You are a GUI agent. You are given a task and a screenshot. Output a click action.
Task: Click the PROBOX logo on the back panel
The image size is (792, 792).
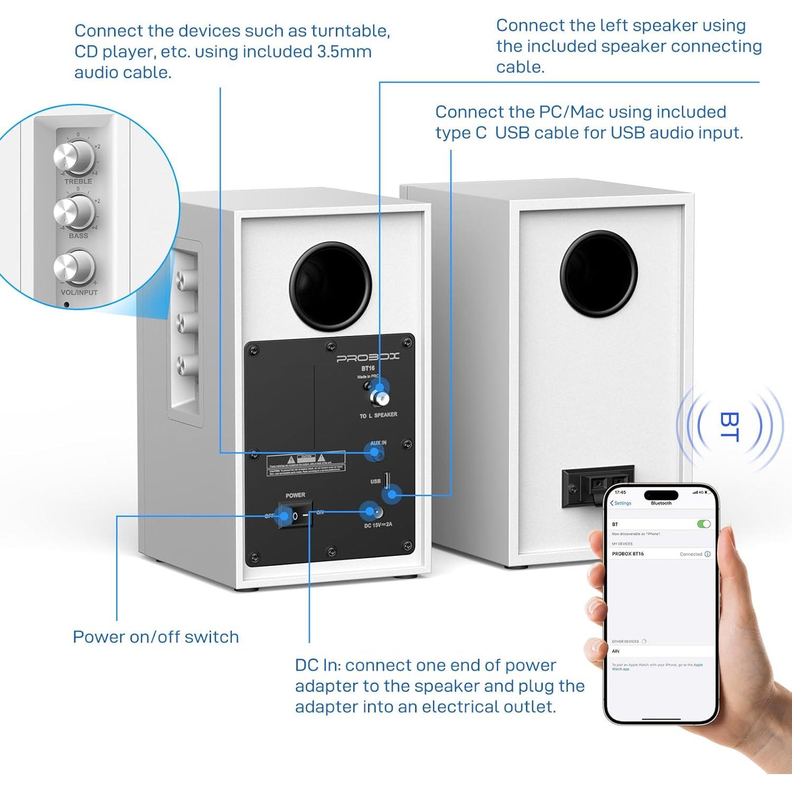click(x=368, y=358)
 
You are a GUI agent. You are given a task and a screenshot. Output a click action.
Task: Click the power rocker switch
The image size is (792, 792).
click(x=295, y=516)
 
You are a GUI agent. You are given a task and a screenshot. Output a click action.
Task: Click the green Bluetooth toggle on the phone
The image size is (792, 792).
click(x=703, y=524)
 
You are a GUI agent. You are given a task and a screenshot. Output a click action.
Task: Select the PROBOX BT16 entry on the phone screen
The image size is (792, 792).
click(x=628, y=554)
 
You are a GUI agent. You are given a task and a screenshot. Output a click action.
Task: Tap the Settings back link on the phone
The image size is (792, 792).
click(x=621, y=503)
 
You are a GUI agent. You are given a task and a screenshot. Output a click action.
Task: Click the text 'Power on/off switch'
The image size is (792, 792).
click(x=156, y=637)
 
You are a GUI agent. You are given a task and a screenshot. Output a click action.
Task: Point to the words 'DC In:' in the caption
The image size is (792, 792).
click(x=317, y=665)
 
